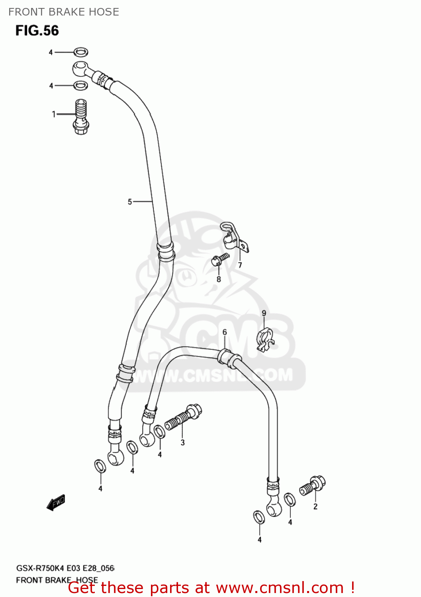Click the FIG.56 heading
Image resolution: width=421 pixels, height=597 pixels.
click(37, 31)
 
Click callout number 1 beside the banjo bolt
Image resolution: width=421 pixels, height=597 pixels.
click(54, 114)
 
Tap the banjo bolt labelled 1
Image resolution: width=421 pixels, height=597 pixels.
click(81, 116)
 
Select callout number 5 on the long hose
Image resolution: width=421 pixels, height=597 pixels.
click(130, 202)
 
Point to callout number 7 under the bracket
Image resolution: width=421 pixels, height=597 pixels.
click(240, 265)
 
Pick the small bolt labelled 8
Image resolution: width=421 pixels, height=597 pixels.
click(220, 259)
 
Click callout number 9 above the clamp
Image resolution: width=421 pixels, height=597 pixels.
click(264, 313)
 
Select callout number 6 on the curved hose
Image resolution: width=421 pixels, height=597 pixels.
click(225, 332)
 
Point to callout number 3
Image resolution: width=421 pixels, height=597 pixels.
click(182, 442)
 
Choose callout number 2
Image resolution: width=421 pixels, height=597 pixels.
click(315, 507)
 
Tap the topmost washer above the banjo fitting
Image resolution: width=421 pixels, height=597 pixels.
click(80, 52)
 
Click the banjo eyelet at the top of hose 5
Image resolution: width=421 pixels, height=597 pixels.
click(81, 68)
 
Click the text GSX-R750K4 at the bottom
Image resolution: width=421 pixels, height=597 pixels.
click(40, 568)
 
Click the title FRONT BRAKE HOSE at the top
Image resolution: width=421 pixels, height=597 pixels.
click(64, 12)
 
